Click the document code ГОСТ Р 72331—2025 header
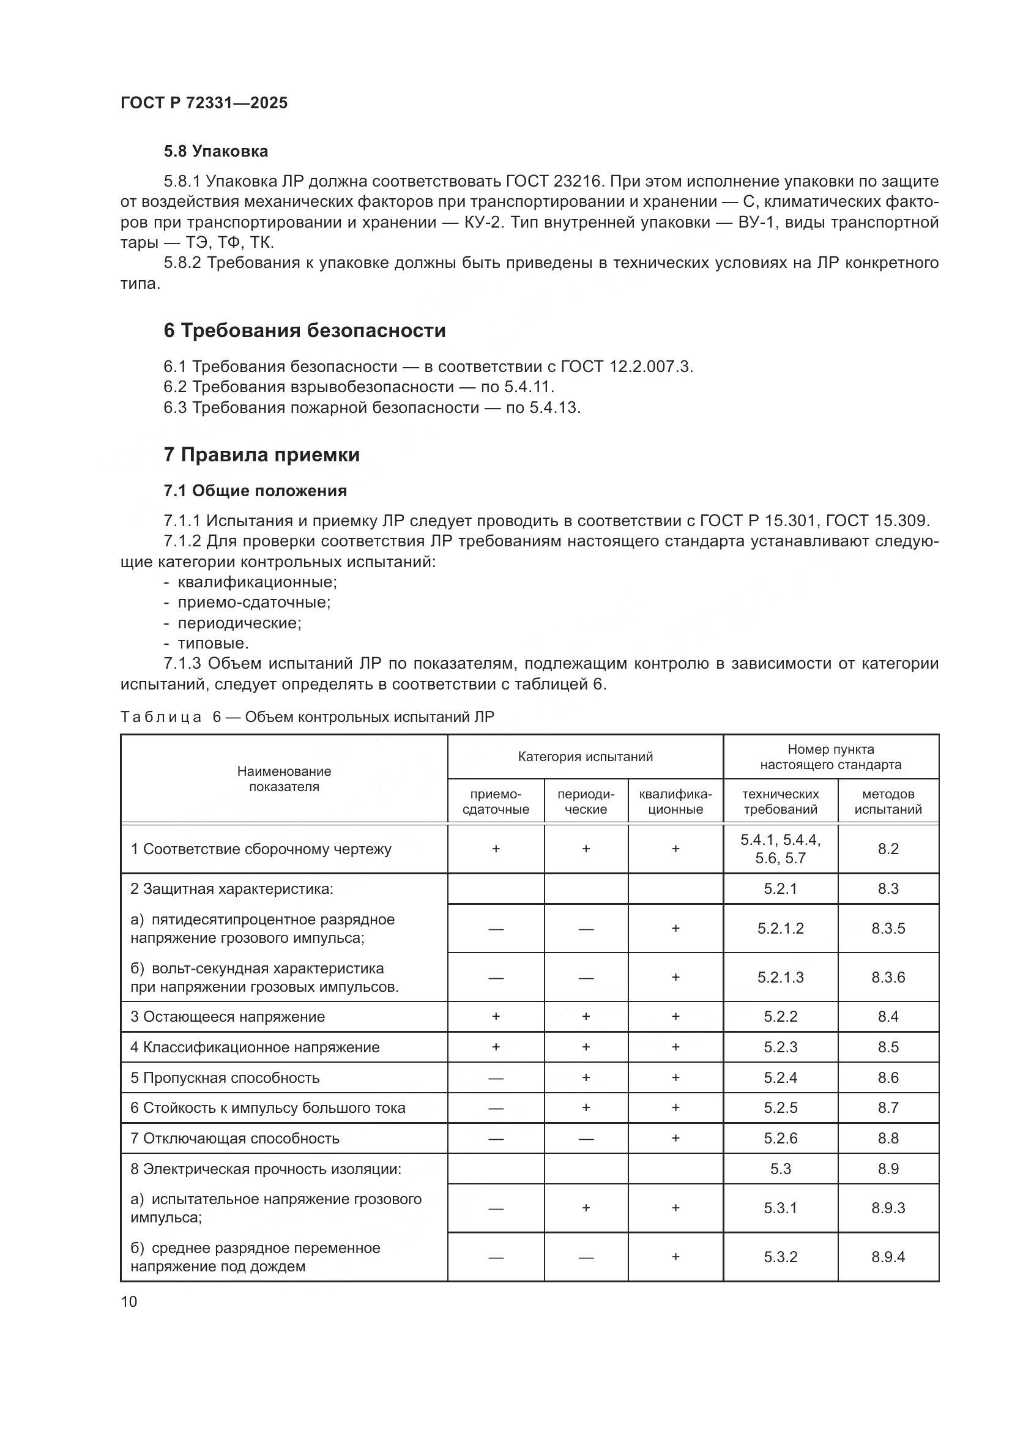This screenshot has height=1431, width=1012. click(204, 103)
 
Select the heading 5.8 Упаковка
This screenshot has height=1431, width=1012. click(215, 152)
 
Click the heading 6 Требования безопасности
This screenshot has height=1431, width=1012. click(304, 330)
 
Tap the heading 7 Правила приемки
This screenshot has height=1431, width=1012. click(261, 455)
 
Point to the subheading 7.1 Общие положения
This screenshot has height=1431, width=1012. click(255, 491)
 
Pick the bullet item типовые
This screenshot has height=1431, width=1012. click(213, 643)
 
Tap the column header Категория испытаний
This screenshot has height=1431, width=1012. click(585, 757)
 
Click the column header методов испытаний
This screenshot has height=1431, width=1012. click(887, 801)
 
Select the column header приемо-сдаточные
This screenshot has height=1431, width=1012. click(496, 801)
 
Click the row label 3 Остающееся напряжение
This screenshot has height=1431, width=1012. click(228, 1017)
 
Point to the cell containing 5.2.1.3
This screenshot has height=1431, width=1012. click(780, 976)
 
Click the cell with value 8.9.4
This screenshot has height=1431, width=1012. click(887, 1257)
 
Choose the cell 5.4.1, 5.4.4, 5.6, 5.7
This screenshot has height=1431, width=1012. click(780, 849)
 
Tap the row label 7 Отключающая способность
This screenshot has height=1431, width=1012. click(234, 1138)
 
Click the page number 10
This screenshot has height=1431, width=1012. click(129, 1301)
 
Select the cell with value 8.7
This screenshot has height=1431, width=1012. click(887, 1107)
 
